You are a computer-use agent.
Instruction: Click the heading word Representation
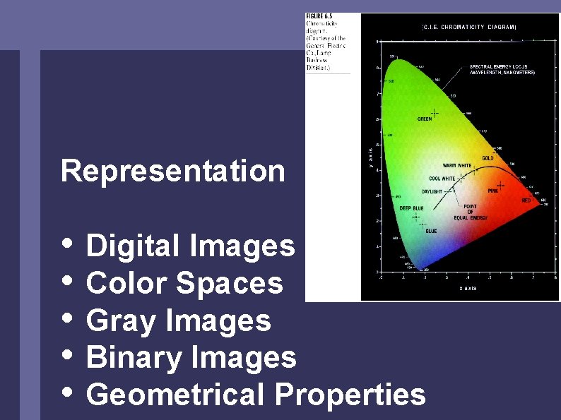[173, 172]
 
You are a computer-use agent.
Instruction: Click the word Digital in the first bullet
[134, 246]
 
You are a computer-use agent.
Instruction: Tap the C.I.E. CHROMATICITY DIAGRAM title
[469, 27]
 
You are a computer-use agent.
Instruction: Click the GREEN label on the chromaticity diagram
[425, 119]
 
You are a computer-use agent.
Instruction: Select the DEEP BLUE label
[411, 208]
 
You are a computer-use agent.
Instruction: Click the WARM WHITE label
[456, 166]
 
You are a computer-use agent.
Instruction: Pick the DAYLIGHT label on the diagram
[432, 191]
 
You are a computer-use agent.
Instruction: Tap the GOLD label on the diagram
[488, 158]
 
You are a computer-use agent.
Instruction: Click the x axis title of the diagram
[468, 288]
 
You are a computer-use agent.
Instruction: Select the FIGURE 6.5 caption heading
[320, 16]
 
